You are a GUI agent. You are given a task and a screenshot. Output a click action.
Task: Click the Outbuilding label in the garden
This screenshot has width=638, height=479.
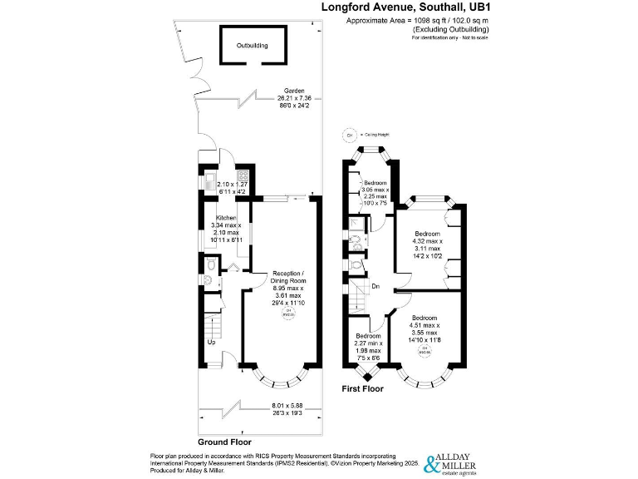tap(252, 46)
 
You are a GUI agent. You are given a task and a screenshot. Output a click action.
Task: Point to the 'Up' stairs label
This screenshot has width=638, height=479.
tap(212, 341)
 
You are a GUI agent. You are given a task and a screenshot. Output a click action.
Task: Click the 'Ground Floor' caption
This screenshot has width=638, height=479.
tap(224, 442)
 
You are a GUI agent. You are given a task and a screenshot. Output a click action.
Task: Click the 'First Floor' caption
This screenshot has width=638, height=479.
tap(363, 388)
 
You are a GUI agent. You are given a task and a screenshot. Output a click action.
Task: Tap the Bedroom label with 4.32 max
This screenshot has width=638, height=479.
tap(427, 234)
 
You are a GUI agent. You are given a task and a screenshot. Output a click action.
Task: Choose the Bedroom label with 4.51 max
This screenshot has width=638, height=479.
tap(425, 318)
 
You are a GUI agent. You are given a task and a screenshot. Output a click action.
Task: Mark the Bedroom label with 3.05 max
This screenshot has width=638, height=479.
tap(375, 182)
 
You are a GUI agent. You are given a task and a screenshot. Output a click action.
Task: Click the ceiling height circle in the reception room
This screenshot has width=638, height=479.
tap(289, 314)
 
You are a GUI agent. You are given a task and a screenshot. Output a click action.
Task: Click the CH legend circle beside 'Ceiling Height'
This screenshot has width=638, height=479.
tap(350, 135)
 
